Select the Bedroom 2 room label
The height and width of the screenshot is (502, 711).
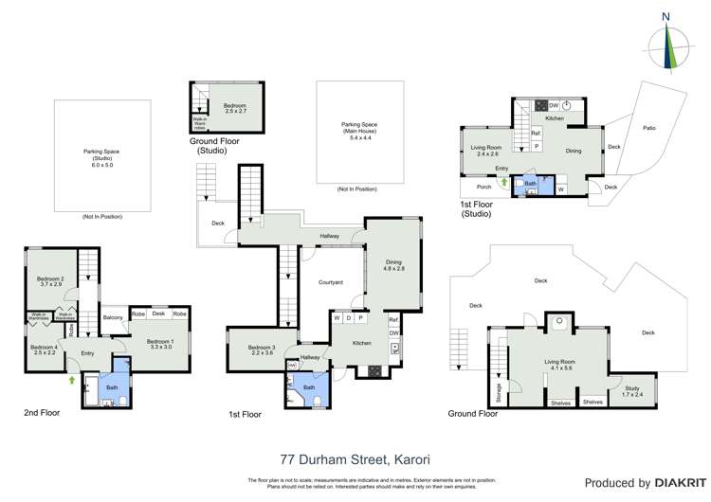pyautogui.click(x=49, y=281)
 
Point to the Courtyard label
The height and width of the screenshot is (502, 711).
pyautogui.click(x=330, y=282)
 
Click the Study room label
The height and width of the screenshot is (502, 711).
pyautogui.click(x=631, y=385)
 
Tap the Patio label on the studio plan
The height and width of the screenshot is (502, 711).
pyautogui.click(x=649, y=128)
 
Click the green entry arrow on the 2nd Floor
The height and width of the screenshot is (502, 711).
pyautogui.click(x=73, y=382)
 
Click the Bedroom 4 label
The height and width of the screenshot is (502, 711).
pyautogui.click(x=44, y=350)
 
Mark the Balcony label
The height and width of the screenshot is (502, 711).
pyautogui.click(x=114, y=317)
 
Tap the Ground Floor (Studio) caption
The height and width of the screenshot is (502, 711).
pyautogui.click(x=218, y=146)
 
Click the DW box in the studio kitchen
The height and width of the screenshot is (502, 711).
pyautogui.click(x=553, y=105)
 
